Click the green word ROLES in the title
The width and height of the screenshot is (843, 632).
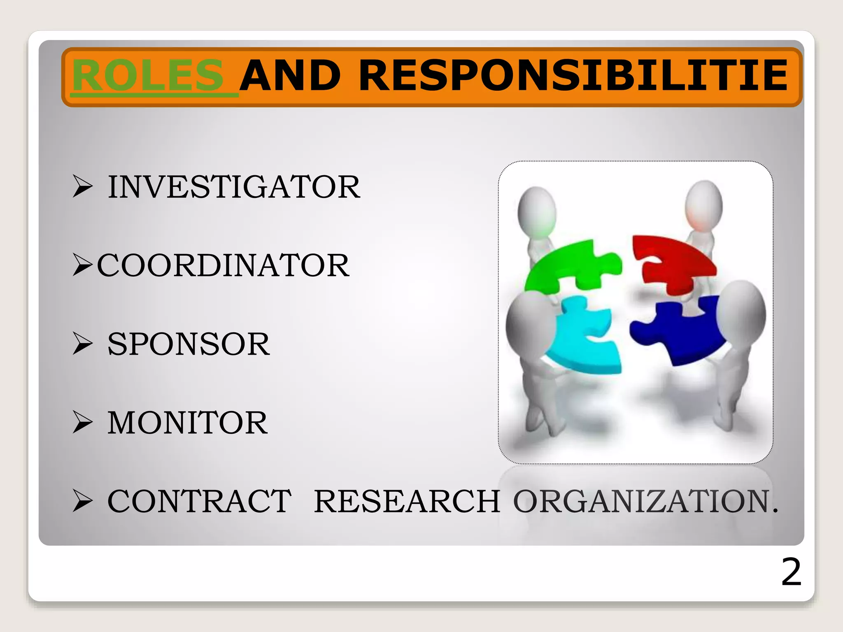(x=148, y=76)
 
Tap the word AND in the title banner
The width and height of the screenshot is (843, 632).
(x=291, y=76)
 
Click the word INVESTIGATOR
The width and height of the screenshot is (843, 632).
(x=234, y=187)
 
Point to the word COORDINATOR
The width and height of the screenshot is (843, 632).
(x=223, y=265)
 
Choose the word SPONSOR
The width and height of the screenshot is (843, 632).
(x=189, y=344)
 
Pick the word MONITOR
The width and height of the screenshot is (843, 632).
(x=187, y=423)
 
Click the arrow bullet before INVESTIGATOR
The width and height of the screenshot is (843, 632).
(x=82, y=186)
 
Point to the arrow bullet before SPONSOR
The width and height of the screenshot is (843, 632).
(x=82, y=343)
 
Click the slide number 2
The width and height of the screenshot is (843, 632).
(x=791, y=572)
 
